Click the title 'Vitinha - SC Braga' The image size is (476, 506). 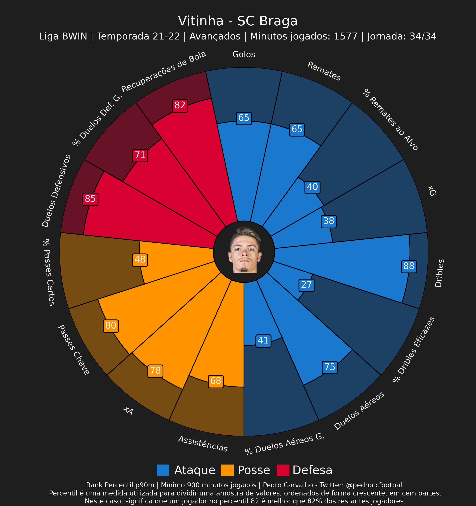pyautogui.click(x=238, y=21)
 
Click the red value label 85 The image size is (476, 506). pyautogui.click(x=90, y=199)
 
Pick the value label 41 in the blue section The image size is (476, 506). pyautogui.click(x=263, y=341)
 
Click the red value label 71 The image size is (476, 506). pyautogui.click(x=140, y=155)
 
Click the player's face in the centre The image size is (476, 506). pyautogui.click(x=244, y=251)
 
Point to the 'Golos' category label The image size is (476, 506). pyautogui.click(x=244, y=54)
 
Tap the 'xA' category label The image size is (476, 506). pyautogui.click(x=128, y=411)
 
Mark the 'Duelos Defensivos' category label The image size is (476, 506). pyautogui.click(x=57, y=191)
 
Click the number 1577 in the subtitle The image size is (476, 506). pyautogui.click(x=345, y=36)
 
